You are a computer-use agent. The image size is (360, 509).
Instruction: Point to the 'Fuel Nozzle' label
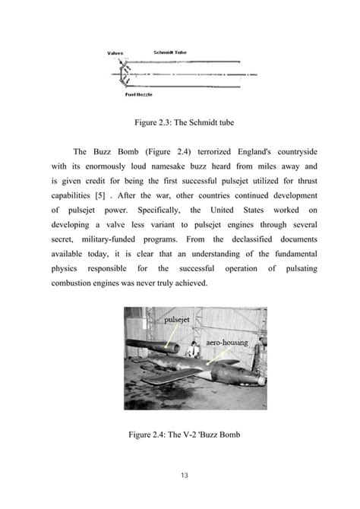pos(140,95)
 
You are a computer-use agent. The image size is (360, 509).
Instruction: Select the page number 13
pos(180,475)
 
